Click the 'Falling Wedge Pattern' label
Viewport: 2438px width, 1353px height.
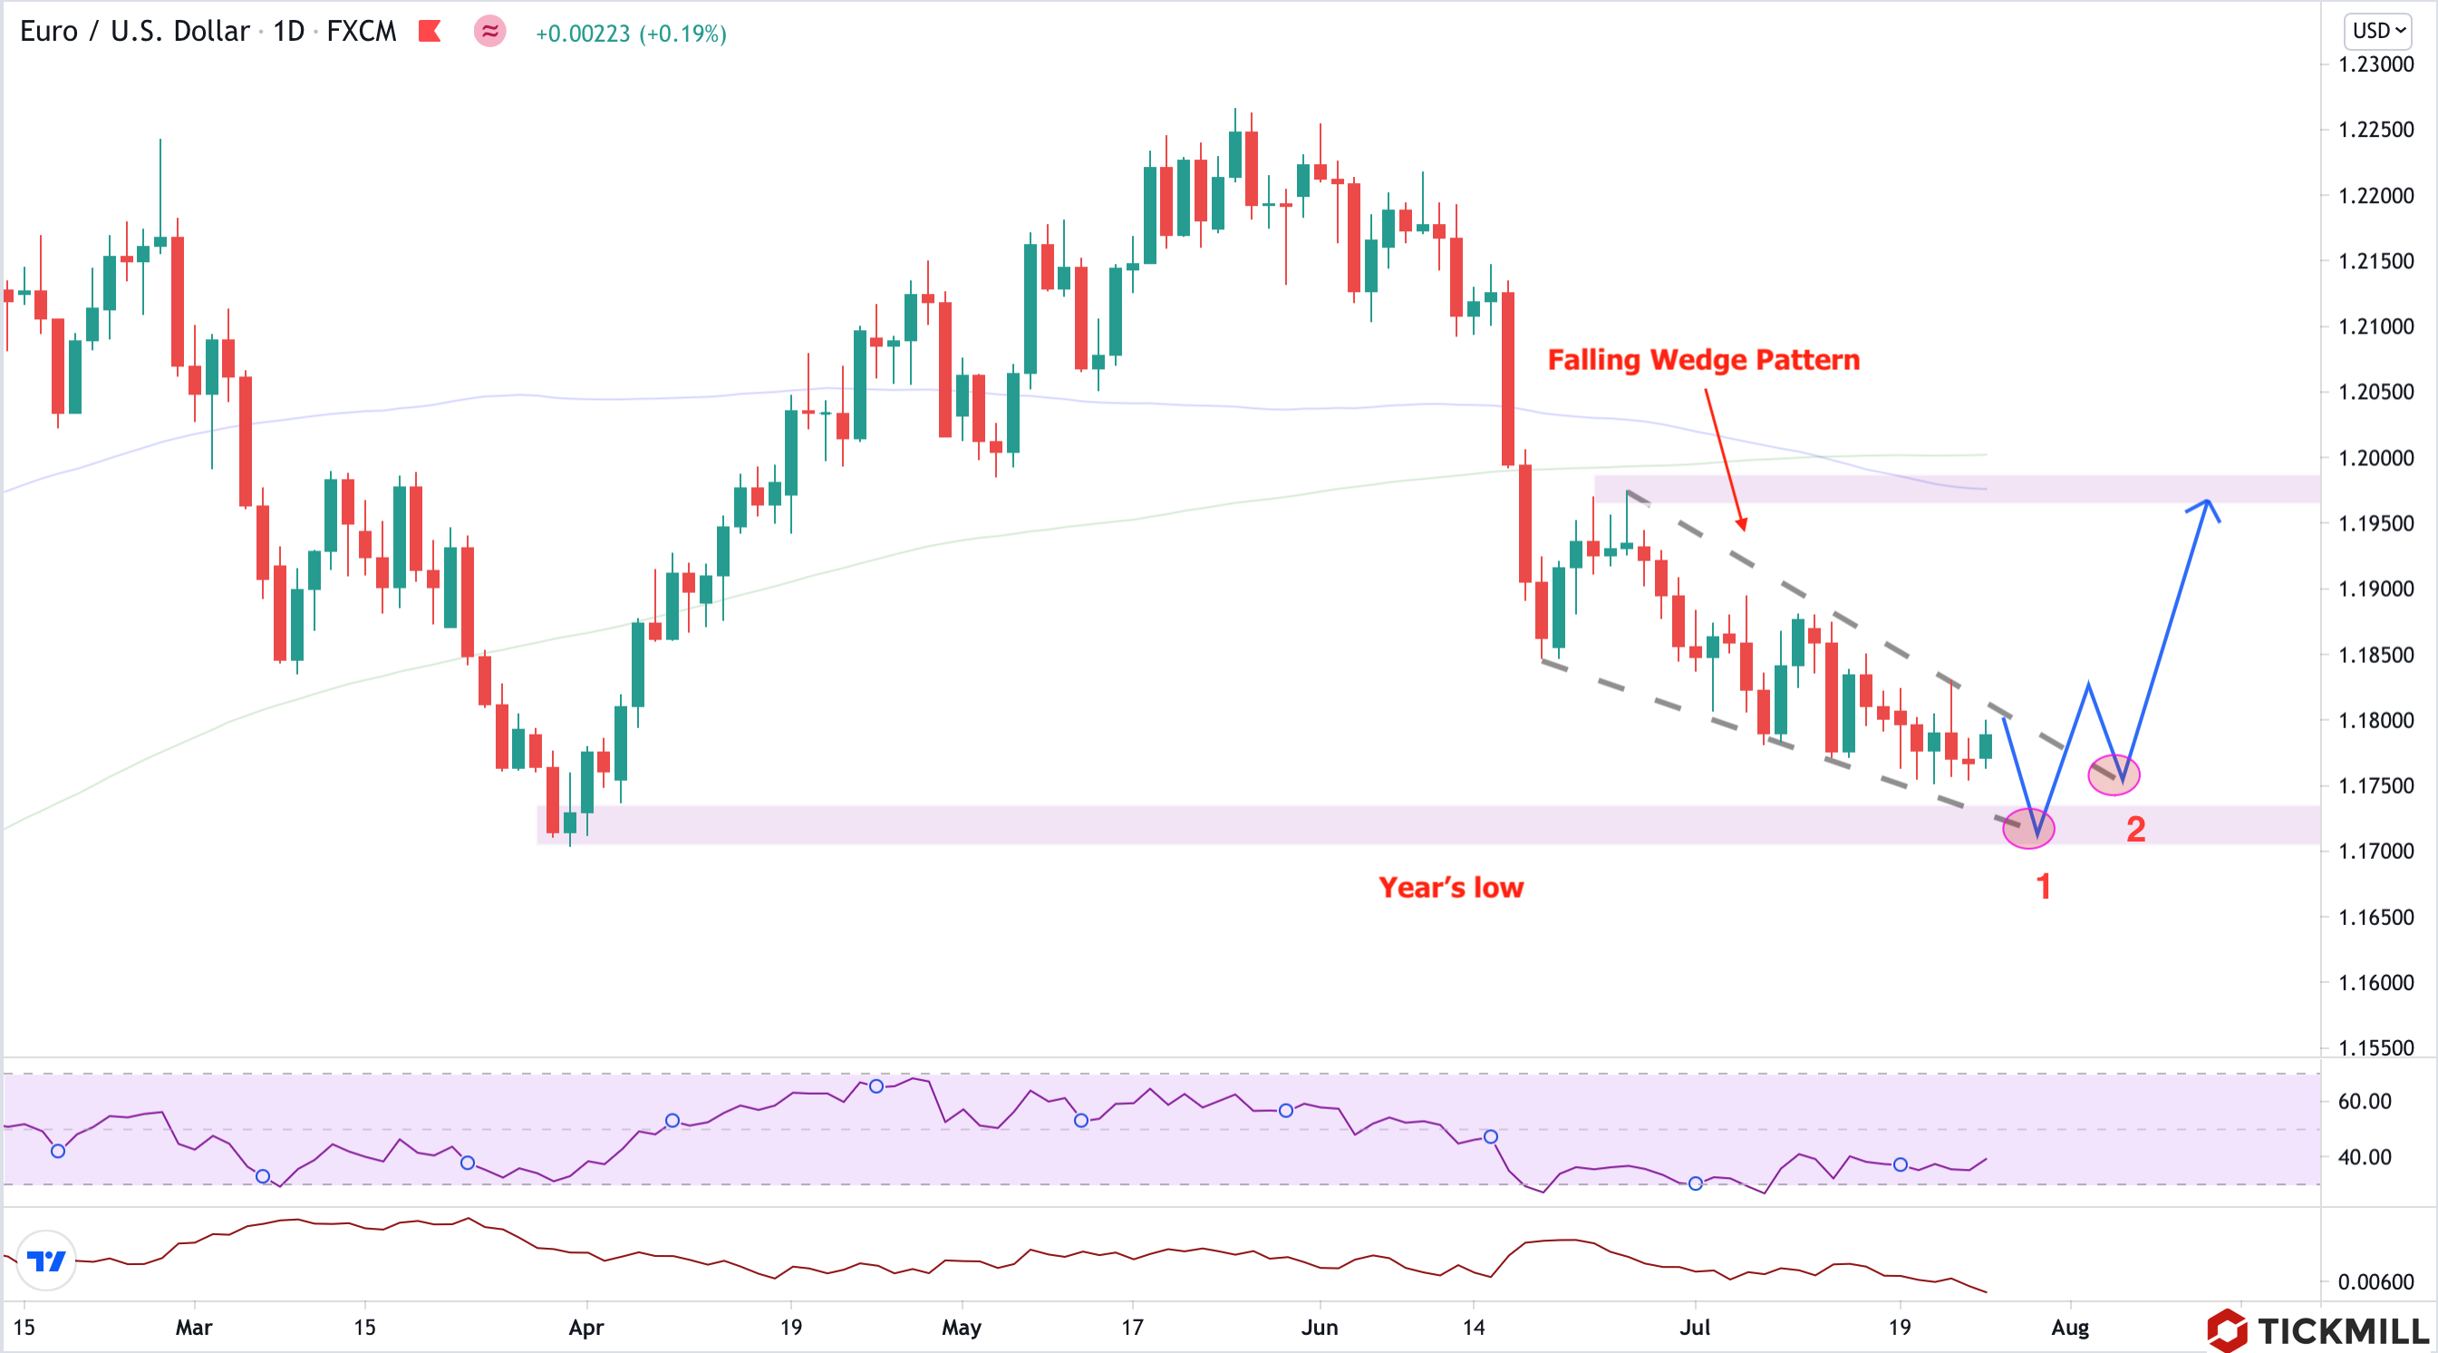tap(1703, 360)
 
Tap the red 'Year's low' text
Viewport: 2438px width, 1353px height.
tap(1450, 887)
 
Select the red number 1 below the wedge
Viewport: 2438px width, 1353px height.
tap(2043, 886)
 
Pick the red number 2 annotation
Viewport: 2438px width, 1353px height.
tap(2135, 830)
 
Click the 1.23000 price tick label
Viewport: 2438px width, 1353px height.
tap(2375, 64)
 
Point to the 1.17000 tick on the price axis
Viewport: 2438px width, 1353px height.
tap(2375, 851)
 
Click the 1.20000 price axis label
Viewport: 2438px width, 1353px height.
tap(2375, 457)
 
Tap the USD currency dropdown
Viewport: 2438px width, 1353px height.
tap(2378, 30)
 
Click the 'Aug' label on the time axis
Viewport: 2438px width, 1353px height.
tap(2069, 1328)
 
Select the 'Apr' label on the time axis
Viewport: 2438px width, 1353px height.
tap(585, 1328)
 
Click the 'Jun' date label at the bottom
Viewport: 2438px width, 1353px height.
tap(1319, 1328)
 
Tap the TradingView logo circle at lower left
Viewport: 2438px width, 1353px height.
tap(46, 1261)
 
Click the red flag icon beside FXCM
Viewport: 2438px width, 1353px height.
tap(430, 31)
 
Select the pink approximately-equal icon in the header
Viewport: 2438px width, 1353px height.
tap(489, 31)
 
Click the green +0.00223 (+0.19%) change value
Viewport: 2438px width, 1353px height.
tap(630, 34)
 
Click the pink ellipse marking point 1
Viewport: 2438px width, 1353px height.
tap(2028, 828)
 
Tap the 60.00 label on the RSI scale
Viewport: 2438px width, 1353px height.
tap(2364, 1101)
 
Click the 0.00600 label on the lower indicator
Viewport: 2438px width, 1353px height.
tap(2375, 1282)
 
